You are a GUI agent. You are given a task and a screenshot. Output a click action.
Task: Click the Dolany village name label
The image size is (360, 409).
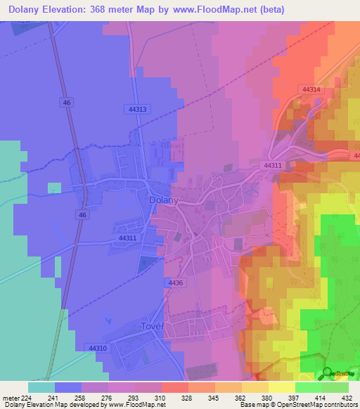pyautogui.click(x=165, y=200)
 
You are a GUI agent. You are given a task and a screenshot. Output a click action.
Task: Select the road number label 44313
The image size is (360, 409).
pyautogui.click(x=138, y=109)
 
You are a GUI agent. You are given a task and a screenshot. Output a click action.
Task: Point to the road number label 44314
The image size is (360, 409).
pyautogui.click(x=311, y=90)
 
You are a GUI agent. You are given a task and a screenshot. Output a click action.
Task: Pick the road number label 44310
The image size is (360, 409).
pyautogui.click(x=98, y=348)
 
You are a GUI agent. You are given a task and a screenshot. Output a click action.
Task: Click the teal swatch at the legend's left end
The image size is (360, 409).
pyautogui.click(x=41, y=387)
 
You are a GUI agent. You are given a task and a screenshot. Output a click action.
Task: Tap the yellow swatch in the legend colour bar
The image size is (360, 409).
pyautogui.click(x=282, y=387)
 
